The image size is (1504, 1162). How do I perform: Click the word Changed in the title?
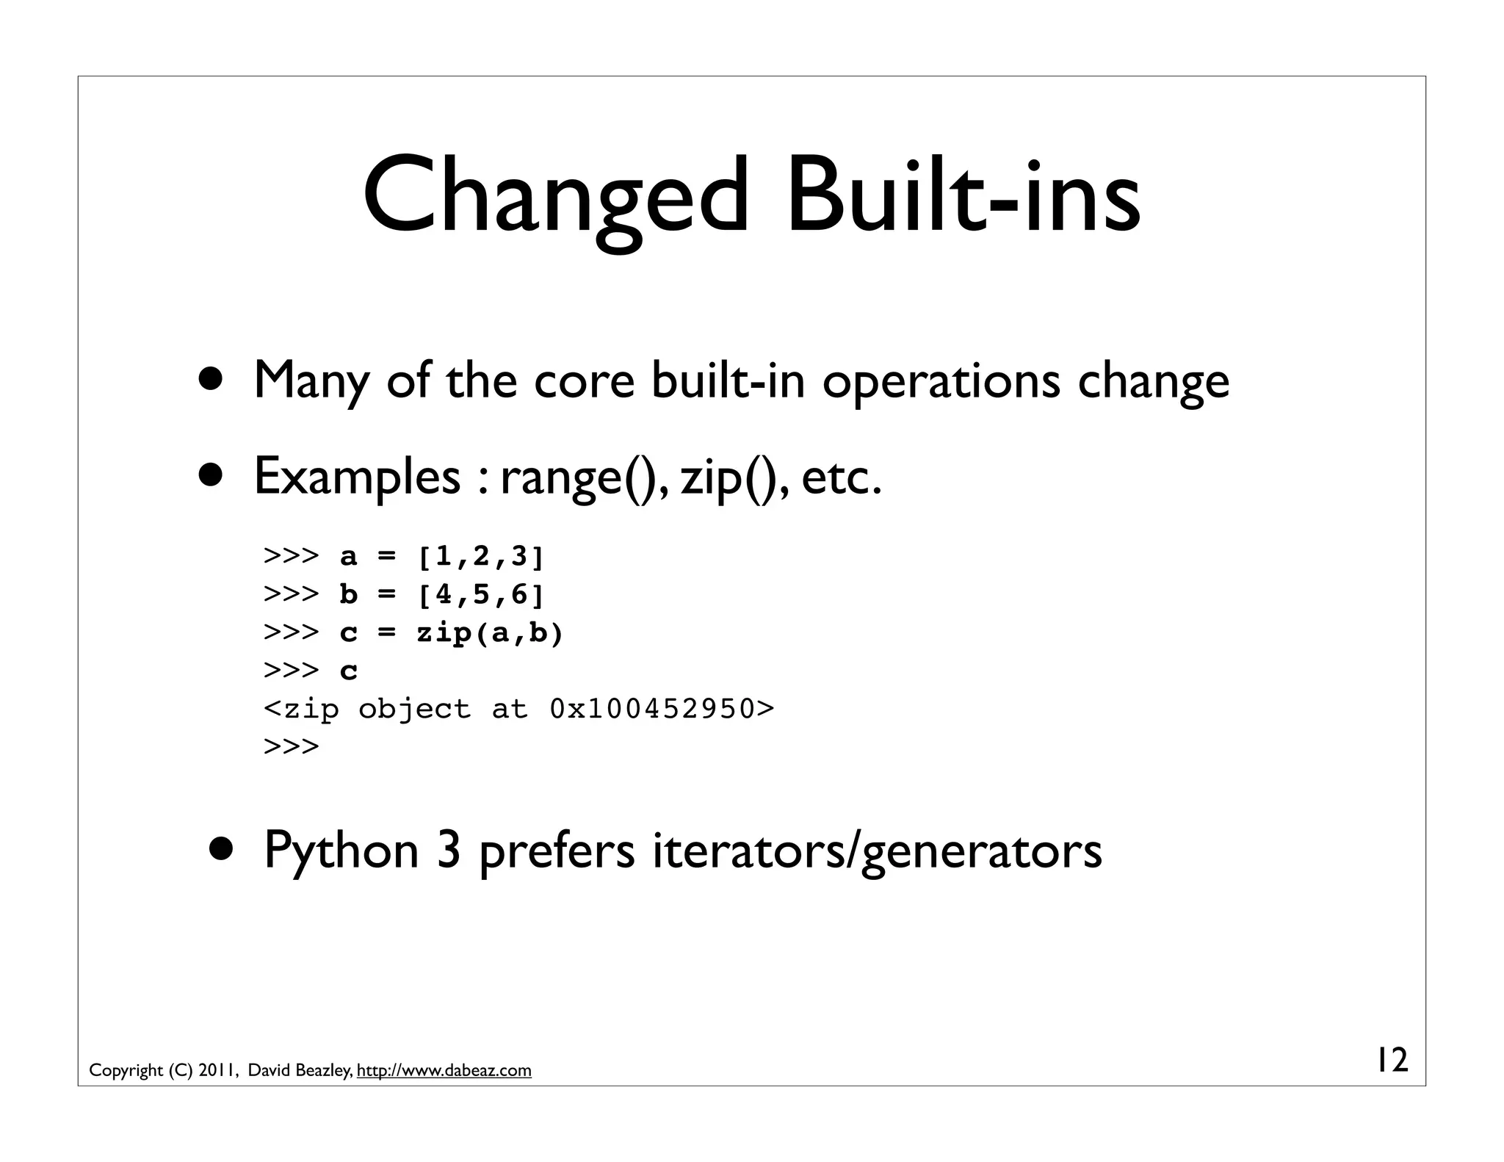[x=554, y=195]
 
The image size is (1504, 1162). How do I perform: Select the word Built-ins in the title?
[x=963, y=195]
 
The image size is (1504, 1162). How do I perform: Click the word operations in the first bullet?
[x=941, y=380]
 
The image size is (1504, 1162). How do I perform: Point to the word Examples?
[x=357, y=476]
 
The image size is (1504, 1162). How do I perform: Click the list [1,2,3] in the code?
[x=481, y=557]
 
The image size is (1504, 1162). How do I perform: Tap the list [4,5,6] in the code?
[x=481, y=594]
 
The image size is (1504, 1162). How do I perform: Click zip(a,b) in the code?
[x=490, y=632]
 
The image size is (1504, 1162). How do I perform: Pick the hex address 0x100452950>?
[x=662, y=709]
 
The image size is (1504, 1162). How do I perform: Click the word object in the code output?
[x=414, y=709]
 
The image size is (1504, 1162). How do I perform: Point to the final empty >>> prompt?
[x=292, y=747]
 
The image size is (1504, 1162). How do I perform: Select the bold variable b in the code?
[x=348, y=594]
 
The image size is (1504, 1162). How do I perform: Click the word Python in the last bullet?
[x=341, y=851]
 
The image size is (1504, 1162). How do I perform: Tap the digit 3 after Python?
[x=449, y=849]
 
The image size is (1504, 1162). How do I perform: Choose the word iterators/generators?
[x=877, y=851]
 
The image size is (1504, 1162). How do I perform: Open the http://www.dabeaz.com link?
[x=444, y=1070]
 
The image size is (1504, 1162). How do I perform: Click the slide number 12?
[x=1392, y=1060]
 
